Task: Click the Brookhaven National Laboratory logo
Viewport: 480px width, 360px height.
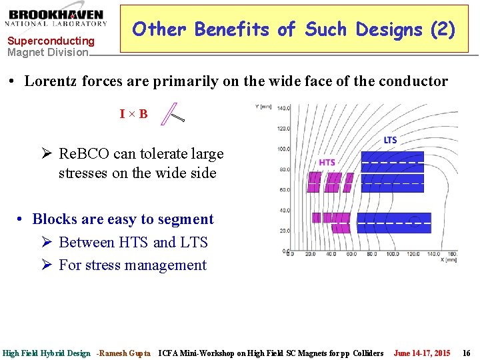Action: tap(57, 18)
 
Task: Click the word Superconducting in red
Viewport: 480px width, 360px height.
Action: tap(51, 41)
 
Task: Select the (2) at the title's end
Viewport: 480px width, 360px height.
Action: tap(443, 29)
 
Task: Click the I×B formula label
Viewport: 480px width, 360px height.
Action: tap(134, 114)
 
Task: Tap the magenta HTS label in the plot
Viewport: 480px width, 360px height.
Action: tap(327, 162)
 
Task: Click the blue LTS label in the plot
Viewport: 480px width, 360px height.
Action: tap(390, 140)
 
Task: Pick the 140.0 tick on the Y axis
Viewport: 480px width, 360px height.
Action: tap(283, 107)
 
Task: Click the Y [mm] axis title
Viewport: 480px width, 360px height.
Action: tap(263, 105)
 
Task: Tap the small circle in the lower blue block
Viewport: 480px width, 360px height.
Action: tap(415, 221)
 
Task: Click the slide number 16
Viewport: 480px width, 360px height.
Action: tap(467, 353)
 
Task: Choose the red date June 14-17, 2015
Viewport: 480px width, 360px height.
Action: tap(422, 353)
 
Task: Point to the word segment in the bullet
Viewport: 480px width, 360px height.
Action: tap(182, 219)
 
